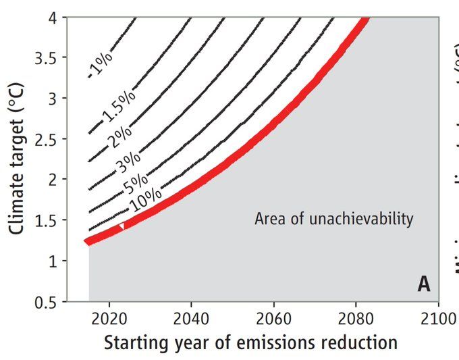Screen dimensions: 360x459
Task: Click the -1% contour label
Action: coord(100,66)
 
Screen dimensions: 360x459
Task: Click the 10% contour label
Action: coord(146,199)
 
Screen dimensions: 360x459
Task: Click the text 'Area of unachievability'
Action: coord(333,219)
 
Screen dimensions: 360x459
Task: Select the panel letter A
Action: coord(423,284)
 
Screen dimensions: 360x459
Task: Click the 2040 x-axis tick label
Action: coord(192,318)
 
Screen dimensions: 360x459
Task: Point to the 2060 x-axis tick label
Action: coord(274,318)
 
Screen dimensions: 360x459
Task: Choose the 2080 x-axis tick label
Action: coord(356,318)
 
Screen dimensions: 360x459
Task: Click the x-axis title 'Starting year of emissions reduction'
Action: coord(250,343)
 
